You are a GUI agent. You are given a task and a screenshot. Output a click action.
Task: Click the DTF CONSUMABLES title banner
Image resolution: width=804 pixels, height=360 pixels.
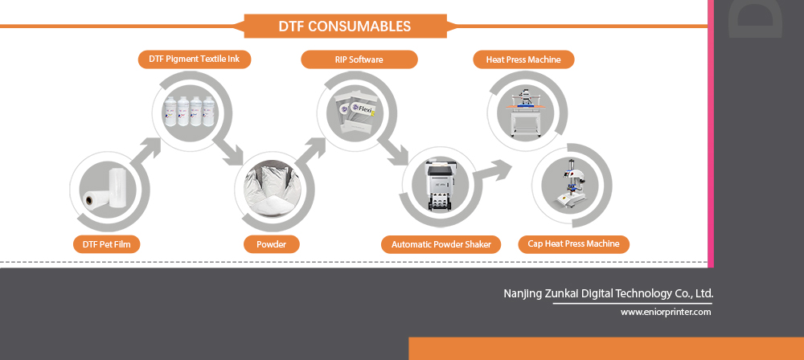click(x=345, y=27)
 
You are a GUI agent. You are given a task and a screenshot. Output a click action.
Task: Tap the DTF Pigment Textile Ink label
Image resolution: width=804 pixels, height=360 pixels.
click(x=195, y=59)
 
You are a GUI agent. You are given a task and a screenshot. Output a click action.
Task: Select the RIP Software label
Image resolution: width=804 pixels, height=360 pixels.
click(x=359, y=59)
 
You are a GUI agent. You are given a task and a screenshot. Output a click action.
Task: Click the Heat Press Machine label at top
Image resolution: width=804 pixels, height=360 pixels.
click(x=523, y=59)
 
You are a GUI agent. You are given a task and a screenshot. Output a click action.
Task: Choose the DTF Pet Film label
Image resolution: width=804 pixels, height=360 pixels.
click(x=107, y=244)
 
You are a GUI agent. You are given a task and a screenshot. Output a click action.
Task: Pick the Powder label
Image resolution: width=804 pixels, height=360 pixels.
click(x=271, y=244)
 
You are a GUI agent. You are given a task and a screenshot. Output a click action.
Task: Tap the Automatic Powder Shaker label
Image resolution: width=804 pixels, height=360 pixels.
click(x=441, y=244)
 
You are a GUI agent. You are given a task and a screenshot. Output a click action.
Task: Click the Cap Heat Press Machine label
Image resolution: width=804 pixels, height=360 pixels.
click(x=574, y=243)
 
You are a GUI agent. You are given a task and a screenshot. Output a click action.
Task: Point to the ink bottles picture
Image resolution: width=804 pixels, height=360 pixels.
click(x=191, y=111)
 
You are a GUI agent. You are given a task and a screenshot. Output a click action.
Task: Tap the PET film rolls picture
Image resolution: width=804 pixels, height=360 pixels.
click(x=105, y=189)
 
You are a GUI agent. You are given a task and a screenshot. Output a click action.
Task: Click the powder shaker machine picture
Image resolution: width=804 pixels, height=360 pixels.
click(x=441, y=186)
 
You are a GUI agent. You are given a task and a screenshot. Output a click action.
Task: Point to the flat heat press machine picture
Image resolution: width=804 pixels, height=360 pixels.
click(x=526, y=112)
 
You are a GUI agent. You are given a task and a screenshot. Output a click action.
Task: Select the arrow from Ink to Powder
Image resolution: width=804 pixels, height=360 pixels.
click(x=228, y=152)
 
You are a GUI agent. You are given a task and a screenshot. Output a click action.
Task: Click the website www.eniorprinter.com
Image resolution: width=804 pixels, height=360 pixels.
click(x=666, y=312)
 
